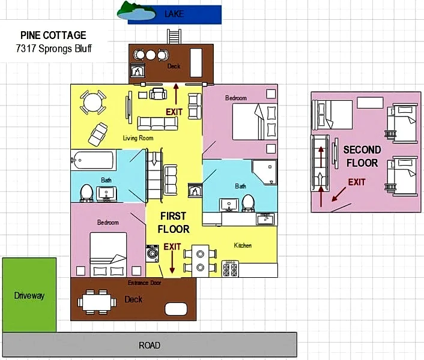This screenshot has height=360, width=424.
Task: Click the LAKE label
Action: coord(174,14)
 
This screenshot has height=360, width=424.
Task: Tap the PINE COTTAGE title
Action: coord(53,35)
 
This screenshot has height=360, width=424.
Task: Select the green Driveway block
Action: coord(29,295)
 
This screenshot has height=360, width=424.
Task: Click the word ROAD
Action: coord(150,345)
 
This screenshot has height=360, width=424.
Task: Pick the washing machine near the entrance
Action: coord(152,253)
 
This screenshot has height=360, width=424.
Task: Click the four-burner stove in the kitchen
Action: coord(230,269)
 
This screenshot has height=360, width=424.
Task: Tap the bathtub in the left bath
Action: coord(92,160)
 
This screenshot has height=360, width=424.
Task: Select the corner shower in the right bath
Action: coord(264,172)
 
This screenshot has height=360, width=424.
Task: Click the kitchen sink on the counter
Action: coord(265,219)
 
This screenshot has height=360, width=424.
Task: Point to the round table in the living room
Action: coord(92,103)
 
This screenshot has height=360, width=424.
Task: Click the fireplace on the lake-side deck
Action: coord(138,70)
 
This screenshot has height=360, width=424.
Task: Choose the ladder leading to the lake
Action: coord(174,37)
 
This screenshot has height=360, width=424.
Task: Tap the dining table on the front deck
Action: coord(97,302)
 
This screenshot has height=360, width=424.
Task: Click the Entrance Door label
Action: coord(144,283)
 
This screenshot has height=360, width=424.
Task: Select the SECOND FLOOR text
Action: coord(362,157)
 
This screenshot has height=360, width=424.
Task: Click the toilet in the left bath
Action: coord(86,193)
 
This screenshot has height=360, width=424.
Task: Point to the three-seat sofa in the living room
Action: coord(157,124)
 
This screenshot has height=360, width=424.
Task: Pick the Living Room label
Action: coord(138,138)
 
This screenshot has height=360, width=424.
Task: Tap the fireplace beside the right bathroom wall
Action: coord(195,190)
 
